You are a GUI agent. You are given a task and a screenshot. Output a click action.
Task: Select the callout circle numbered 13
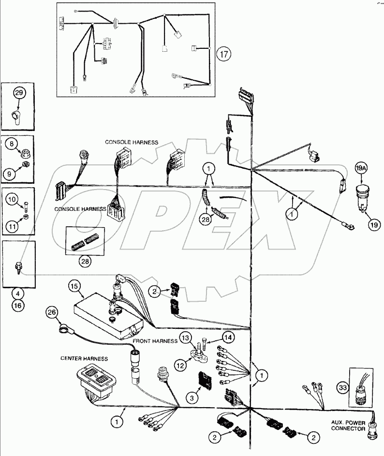coord(186,337)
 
